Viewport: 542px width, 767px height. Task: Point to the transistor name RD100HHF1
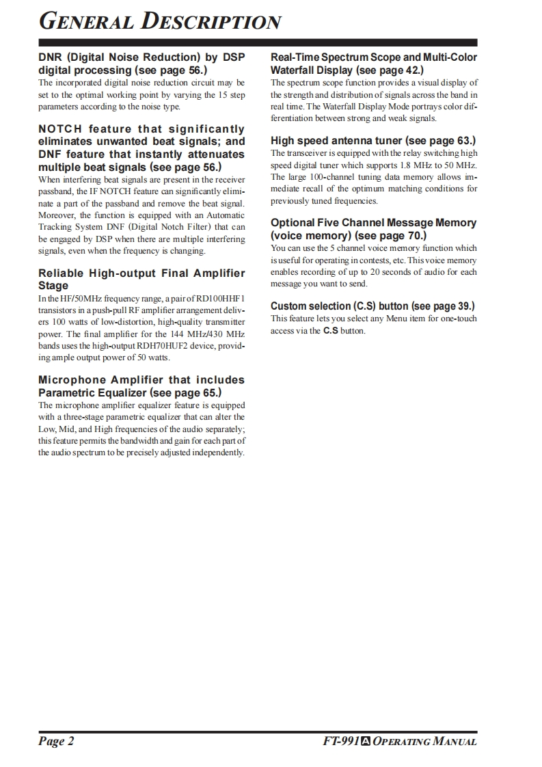220,299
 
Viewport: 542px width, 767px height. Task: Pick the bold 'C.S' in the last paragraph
331,331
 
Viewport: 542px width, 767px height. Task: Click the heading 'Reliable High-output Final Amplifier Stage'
141,280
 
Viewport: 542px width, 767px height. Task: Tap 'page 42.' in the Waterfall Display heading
399,70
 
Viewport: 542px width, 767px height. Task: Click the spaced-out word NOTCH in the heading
60,129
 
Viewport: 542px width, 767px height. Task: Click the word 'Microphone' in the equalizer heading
72,380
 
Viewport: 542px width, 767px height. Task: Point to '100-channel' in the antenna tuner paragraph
321,177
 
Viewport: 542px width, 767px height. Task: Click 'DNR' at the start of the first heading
51,57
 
